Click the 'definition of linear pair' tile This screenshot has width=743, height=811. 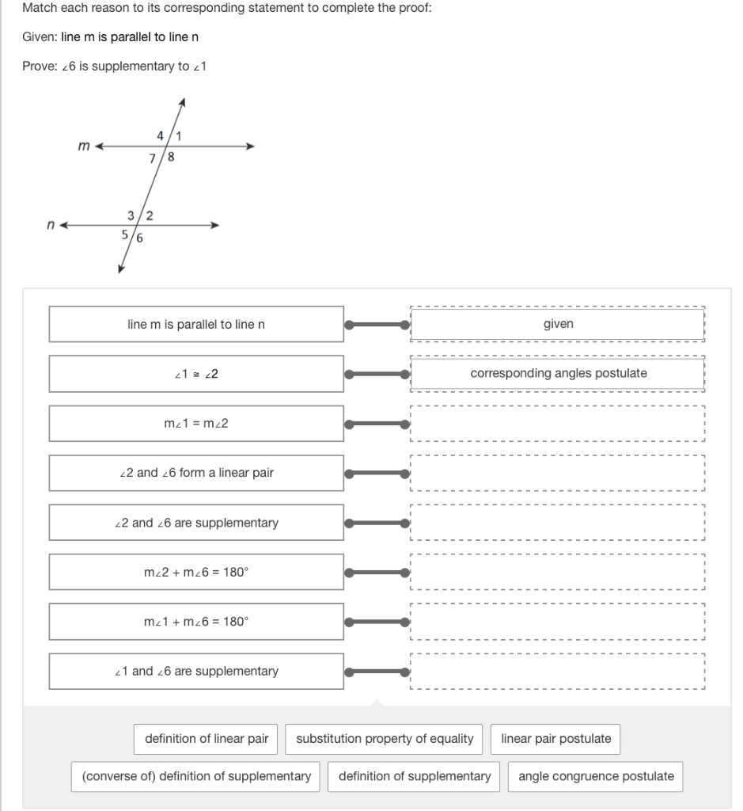click(207, 738)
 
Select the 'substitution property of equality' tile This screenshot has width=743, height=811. click(385, 738)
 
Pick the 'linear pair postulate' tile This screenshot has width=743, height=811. click(555, 738)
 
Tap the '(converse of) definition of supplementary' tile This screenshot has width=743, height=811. click(196, 776)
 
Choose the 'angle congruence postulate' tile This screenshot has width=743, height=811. click(596, 776)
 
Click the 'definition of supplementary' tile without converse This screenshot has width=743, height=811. click(415, 776)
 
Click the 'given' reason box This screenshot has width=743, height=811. click(558, 324)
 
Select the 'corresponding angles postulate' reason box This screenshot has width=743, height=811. click(558, 373)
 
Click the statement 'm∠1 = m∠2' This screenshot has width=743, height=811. click(196, 423)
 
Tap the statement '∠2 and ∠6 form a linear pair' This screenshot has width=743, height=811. click(196, 473)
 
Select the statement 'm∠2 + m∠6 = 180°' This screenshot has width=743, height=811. click(196, 572)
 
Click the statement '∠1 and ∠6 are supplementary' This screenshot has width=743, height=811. click(196, 671)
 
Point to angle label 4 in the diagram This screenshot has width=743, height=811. click(161, 135)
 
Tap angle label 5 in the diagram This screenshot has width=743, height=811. click(125, 234)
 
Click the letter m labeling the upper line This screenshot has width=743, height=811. click(83, 145)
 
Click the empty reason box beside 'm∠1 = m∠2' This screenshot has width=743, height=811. click(558, 423)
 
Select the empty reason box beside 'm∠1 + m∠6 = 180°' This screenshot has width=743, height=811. click(558, 622)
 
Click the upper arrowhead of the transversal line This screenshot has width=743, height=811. click(182, 102)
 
